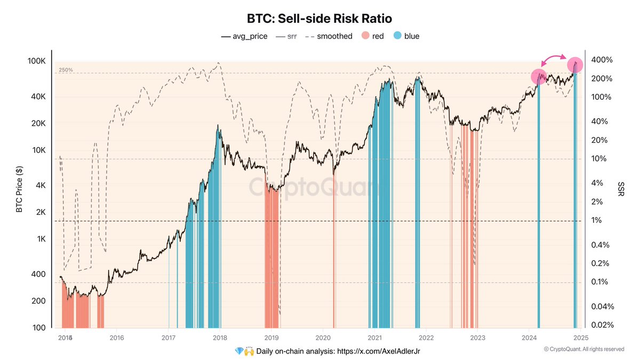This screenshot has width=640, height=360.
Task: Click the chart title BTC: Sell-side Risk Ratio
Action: (319, 19)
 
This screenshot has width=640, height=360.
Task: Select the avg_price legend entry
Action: (244, 36)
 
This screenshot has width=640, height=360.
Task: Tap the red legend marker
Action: (365, 36)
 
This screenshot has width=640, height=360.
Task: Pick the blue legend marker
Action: (397, 36)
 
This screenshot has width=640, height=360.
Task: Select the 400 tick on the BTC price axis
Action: (42, 274)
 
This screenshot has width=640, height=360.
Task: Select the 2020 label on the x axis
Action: (323, 338)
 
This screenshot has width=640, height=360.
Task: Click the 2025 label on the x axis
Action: (581, 338)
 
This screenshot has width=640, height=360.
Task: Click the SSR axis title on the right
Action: (621, 188)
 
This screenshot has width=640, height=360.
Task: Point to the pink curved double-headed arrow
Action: (556, 57)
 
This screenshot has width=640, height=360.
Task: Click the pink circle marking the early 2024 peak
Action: (539, 77)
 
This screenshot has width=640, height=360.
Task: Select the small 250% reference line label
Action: (66, 70)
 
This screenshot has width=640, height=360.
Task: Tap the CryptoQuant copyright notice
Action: (583, 349)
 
